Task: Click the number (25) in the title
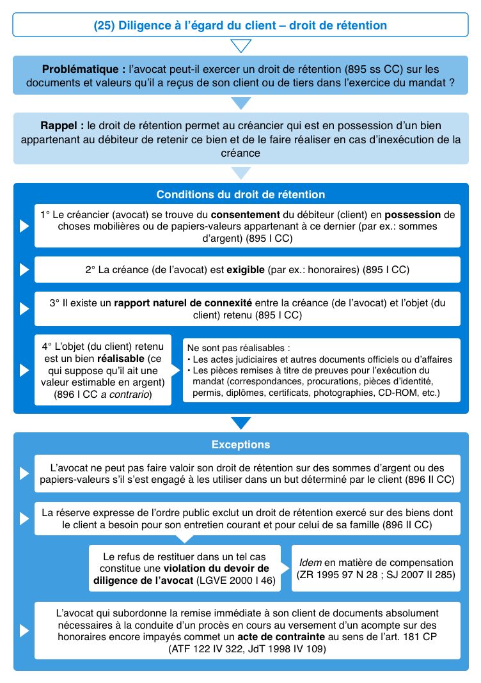pos(104,26)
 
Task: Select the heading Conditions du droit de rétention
pos(240,194)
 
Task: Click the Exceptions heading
pos(240,444)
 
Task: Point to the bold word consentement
pos(246,215)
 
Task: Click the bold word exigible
pos(246,270)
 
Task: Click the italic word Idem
pos(311,563)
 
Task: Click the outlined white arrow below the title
pos(240,46)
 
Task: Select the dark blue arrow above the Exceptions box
pos(240,423)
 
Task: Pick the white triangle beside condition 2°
pos(24,270)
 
